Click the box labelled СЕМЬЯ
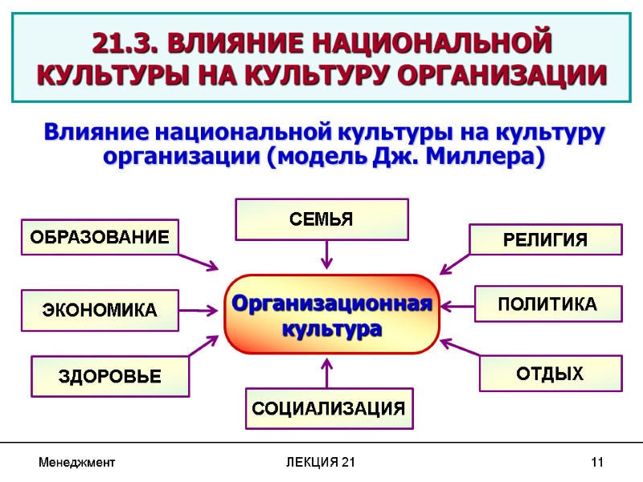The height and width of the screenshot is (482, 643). [x=321, y=219]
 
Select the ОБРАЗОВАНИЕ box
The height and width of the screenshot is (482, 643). [x=100, y=237]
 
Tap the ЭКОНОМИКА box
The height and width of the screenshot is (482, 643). [x=100, y=310]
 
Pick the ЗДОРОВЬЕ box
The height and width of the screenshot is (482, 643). [x=110, y=376]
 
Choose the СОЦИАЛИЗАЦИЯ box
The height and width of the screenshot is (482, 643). [x=329, y=408]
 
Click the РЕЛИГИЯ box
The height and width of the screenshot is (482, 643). [x=546, y=239]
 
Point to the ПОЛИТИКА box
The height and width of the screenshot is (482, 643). [x=547, y=304]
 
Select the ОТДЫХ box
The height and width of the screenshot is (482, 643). [x=551, y=373]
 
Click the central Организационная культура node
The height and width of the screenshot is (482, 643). [x=332, y=315]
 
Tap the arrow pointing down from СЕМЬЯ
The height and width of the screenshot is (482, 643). [x=326, y=255]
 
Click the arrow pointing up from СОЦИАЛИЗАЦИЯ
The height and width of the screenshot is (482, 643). [x=326, y=373]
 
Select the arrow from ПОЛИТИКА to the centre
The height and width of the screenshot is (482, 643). [x=458, y=305]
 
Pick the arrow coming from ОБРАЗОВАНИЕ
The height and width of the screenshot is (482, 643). [x=198, y=261]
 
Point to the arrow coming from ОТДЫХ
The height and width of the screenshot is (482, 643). [x=460, y=351]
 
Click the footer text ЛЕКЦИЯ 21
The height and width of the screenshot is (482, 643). [x=321, y=463]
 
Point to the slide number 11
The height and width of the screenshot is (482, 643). [x=596, y=463]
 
